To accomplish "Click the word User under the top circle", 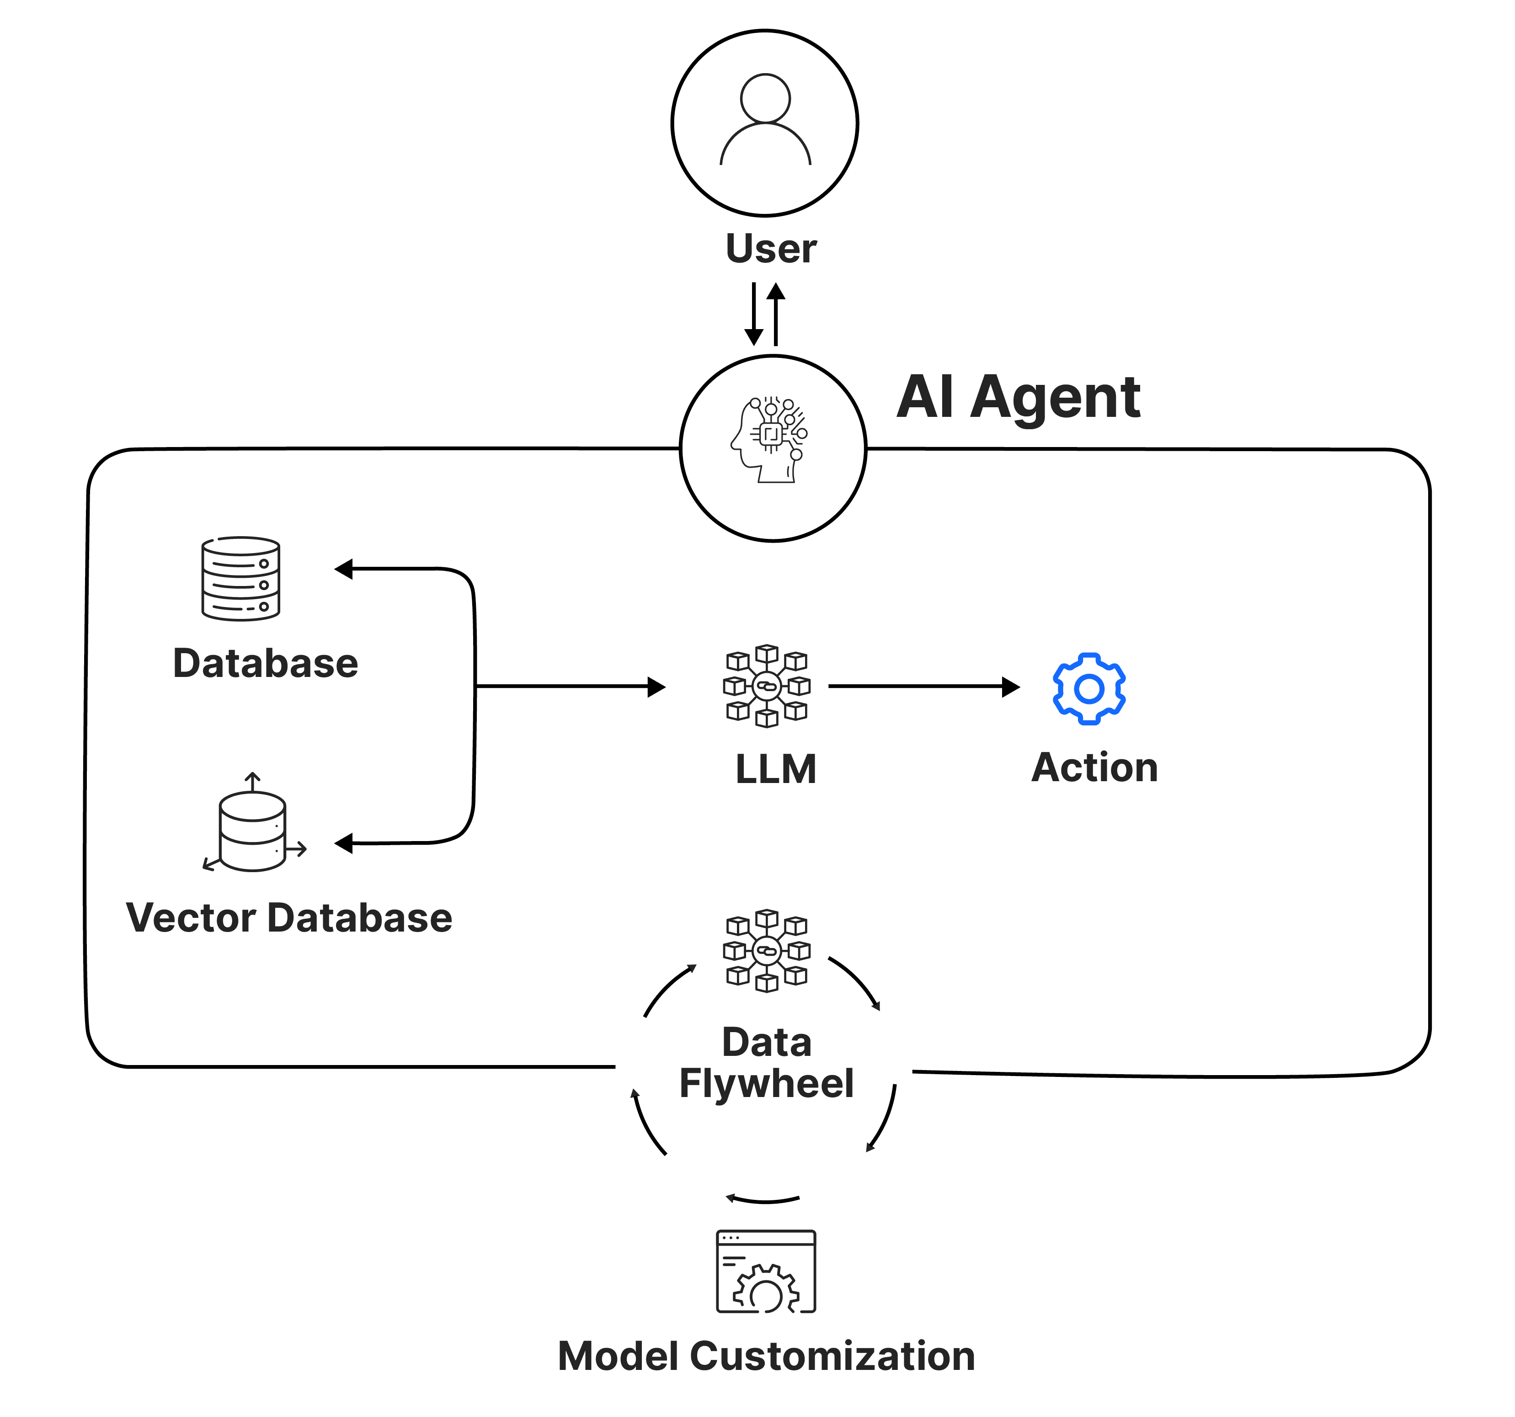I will pos(770,249).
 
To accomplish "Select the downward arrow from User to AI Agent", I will pos(754,314).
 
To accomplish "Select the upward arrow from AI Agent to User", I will pos(776,314).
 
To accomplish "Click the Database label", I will pos(265,663).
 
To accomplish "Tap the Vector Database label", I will pos(289,917).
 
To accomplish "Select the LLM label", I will pos(776,769).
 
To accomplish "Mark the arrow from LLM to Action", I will pos(923,687).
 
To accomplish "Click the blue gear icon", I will pos(1089,689).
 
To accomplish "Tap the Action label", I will pos(1094,767).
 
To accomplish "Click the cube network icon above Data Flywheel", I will pos(767,951).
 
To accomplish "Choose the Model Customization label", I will pos(767,1356).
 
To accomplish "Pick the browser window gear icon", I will pos(766,1272).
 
